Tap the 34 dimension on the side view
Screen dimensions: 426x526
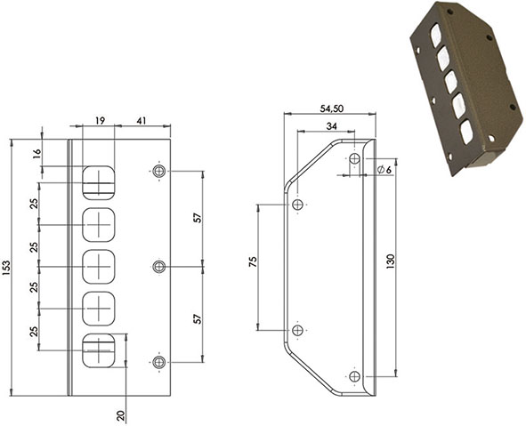[330, 126]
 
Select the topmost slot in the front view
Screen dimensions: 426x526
[99, 182]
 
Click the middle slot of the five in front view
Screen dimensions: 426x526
[99, 266]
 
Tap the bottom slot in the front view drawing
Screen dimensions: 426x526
[99, 350]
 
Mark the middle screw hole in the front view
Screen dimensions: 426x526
[159, 266]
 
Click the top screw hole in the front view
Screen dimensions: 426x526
[159, 171]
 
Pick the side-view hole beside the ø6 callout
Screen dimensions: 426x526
[354, 158]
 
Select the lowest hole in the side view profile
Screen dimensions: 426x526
[354, 376]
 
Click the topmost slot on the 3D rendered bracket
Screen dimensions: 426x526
[436, 36]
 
